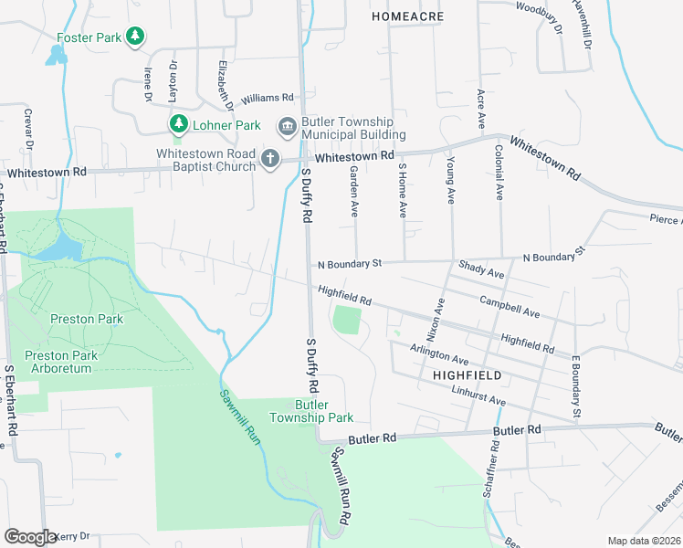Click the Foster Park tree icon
(x=135, y=37)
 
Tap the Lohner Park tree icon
(x=178, y=123)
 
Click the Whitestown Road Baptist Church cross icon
(x=269, y=160)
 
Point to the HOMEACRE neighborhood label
(x=406, y=16)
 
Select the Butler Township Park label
(x=310, y=411)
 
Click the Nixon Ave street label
(x=438, y=318)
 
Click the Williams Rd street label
(x=268, y=98)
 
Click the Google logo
(x=30, y=537)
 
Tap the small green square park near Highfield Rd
(x=347, y=320)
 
